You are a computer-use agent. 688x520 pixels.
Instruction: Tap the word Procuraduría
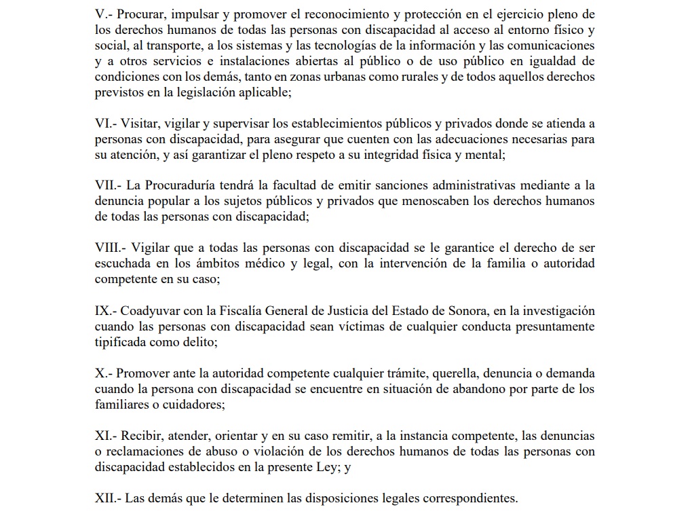coord(179,185)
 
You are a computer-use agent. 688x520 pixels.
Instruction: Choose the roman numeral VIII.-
coord(111,248)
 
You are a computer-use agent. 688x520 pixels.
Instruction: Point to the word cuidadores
coord(193,405)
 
